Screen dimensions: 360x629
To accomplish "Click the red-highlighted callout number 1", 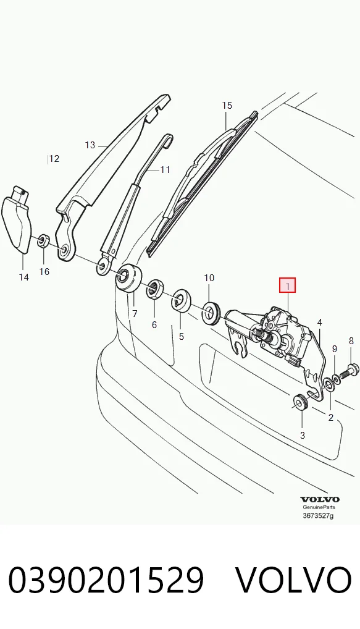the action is click(287, 286).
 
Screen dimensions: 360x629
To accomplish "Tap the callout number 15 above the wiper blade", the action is click(227, 106).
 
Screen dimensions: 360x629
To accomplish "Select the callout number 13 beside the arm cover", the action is click(90, 145).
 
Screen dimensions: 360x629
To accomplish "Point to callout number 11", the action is click(165, 170).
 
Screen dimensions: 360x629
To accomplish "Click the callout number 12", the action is click(54, 159).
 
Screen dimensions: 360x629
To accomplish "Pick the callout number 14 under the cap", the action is click(24, 277).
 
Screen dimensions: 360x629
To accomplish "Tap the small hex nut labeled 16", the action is click(43, 241).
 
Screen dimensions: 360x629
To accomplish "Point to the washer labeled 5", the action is click(180, 300).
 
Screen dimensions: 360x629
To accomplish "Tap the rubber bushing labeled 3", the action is click(299, 403).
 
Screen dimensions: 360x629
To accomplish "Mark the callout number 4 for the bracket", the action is click(319, 322).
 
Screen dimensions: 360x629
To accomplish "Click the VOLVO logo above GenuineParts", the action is click(320, 500).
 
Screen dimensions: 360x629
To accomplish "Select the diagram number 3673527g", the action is click(318, 515).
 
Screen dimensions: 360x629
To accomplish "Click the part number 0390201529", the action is click(106, 580).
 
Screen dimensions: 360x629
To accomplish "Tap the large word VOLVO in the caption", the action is click(293, 580).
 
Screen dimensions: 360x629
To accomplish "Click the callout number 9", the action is click(334, 349).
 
